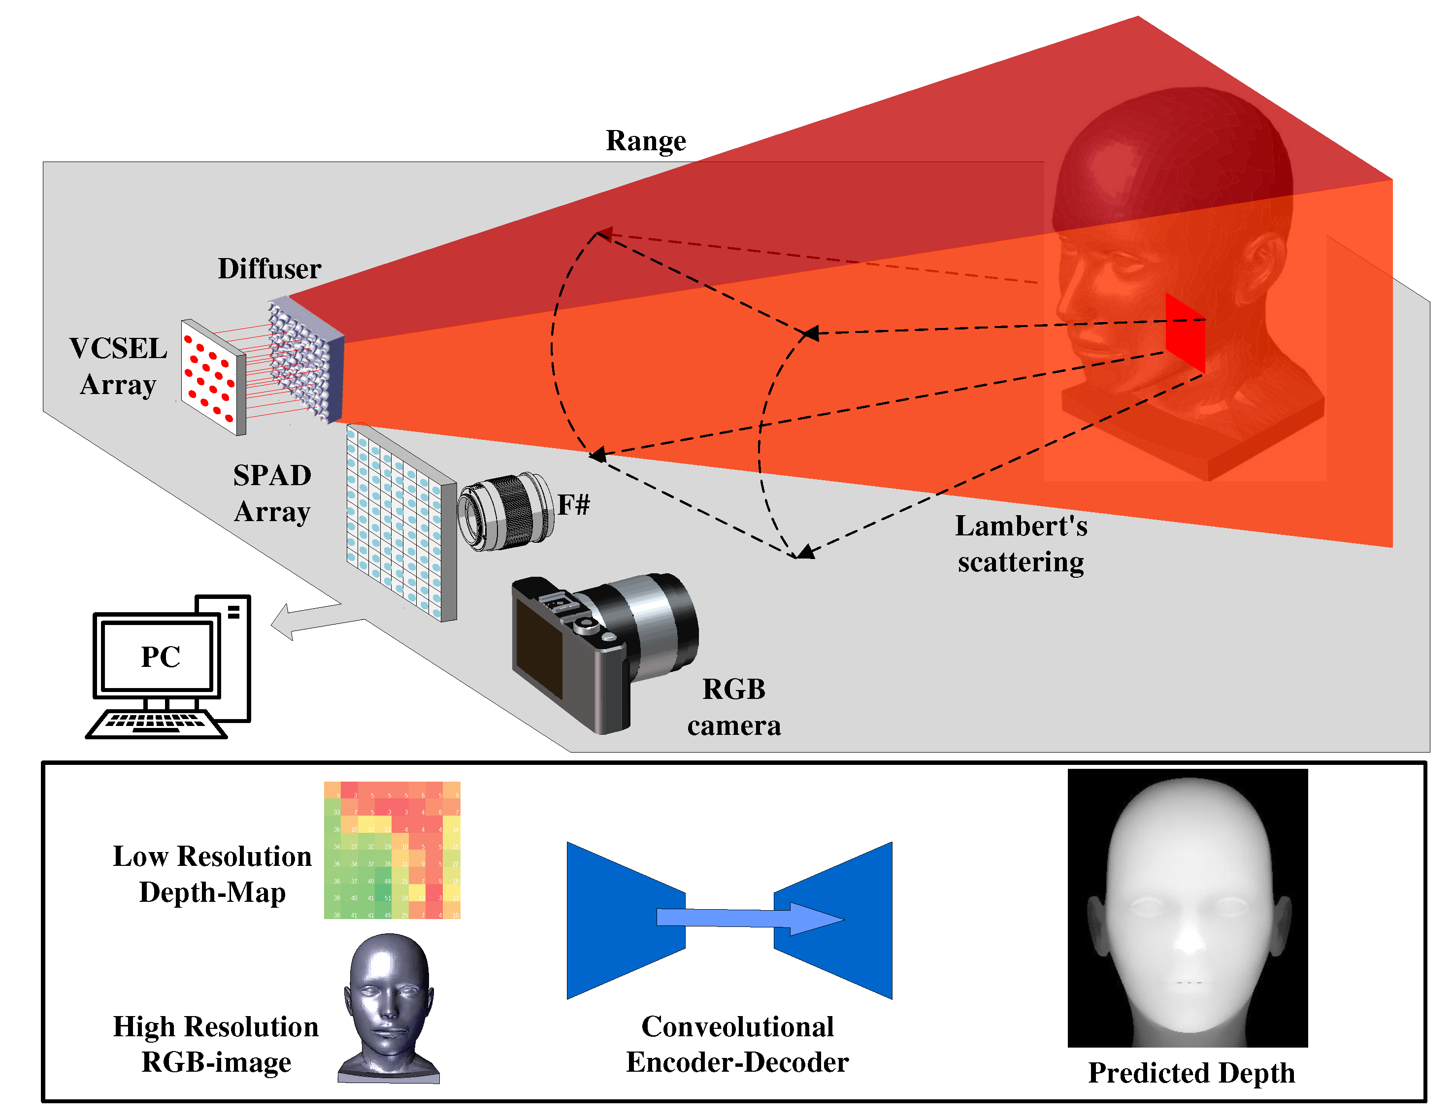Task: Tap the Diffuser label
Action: coord(269,269)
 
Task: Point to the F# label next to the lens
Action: coord(572,505)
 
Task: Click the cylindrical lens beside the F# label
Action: coord(506,511)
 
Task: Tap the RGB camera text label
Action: coord(734,707)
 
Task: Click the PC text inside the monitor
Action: coord(161,657)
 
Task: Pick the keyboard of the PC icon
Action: coord(155,724)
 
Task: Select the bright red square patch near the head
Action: coord(1185,333)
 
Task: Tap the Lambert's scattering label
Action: coord(1021,544)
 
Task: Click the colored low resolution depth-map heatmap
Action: coord(392,850)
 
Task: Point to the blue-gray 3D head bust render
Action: coord(390,1005)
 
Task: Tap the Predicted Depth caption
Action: coord(1191,1073)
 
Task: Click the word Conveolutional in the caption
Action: coord(737,1026)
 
